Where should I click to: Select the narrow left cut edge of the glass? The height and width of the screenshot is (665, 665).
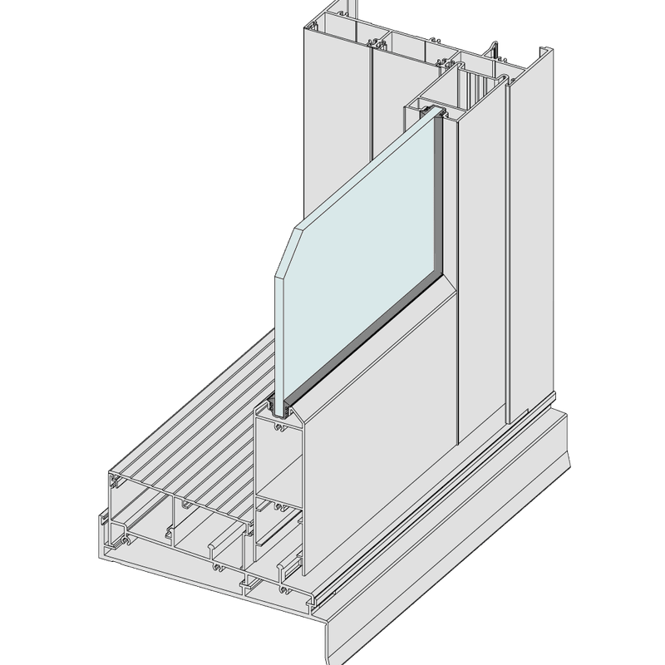point(278,332)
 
